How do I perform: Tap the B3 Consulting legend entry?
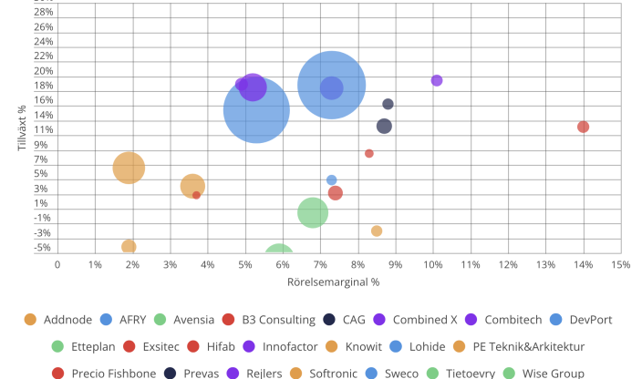[x=270, y=320]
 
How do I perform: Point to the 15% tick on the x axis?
[x=621, y=264]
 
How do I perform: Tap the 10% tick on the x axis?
[x=433, y=264]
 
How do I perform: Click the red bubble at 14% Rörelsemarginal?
[x=584, y=127]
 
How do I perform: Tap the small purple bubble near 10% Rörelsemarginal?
[x=437, y=80]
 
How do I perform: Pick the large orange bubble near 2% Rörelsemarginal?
[x=129, y=168]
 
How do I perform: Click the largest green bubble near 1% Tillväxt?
[x=313, y=212]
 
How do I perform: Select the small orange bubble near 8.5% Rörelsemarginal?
[x=377, y=230]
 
